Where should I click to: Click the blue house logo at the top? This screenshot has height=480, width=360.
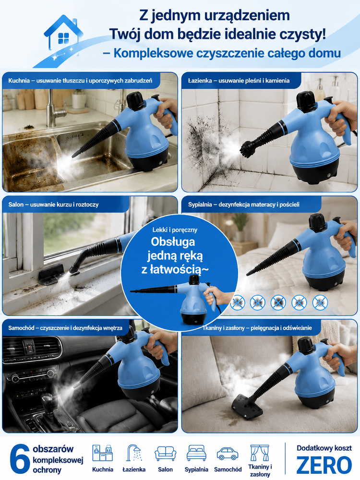point(63,33)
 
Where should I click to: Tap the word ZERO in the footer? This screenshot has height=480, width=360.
point(324,465)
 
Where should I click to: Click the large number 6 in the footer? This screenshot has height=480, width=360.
point(20,459)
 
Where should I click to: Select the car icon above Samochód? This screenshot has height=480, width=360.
point(228,454)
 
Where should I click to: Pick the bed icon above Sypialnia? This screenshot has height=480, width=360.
point(196,453)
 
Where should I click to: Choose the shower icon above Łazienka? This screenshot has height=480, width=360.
point(134,453)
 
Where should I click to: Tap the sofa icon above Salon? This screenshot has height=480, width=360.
point(165,454)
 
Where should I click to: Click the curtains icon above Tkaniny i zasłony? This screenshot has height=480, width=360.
point(260,453)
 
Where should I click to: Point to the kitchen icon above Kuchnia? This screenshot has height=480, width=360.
point(103,453)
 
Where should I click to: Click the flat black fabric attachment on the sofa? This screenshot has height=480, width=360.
point(247,408)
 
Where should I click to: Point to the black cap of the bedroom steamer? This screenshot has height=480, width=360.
point(317,222)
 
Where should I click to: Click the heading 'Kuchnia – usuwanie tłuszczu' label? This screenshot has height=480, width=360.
point(80,81)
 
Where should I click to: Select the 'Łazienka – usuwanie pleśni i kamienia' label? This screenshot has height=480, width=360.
point(239,81)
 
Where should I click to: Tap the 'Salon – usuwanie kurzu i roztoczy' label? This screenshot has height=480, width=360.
point(54,204)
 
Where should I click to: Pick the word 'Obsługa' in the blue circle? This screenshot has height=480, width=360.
point(173,241)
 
